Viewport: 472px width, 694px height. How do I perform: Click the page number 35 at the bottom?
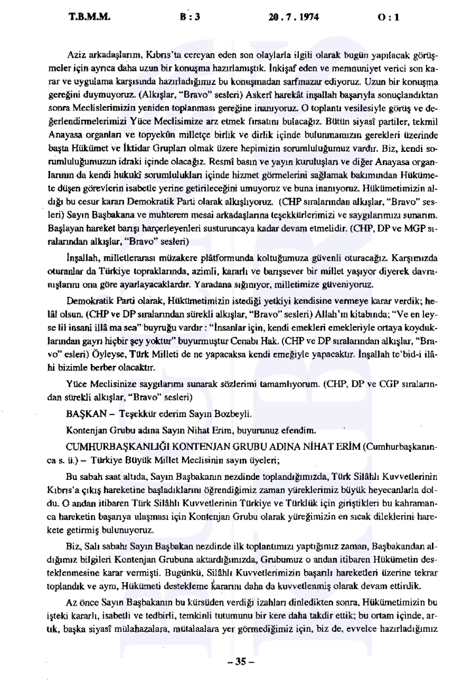[236, 663]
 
